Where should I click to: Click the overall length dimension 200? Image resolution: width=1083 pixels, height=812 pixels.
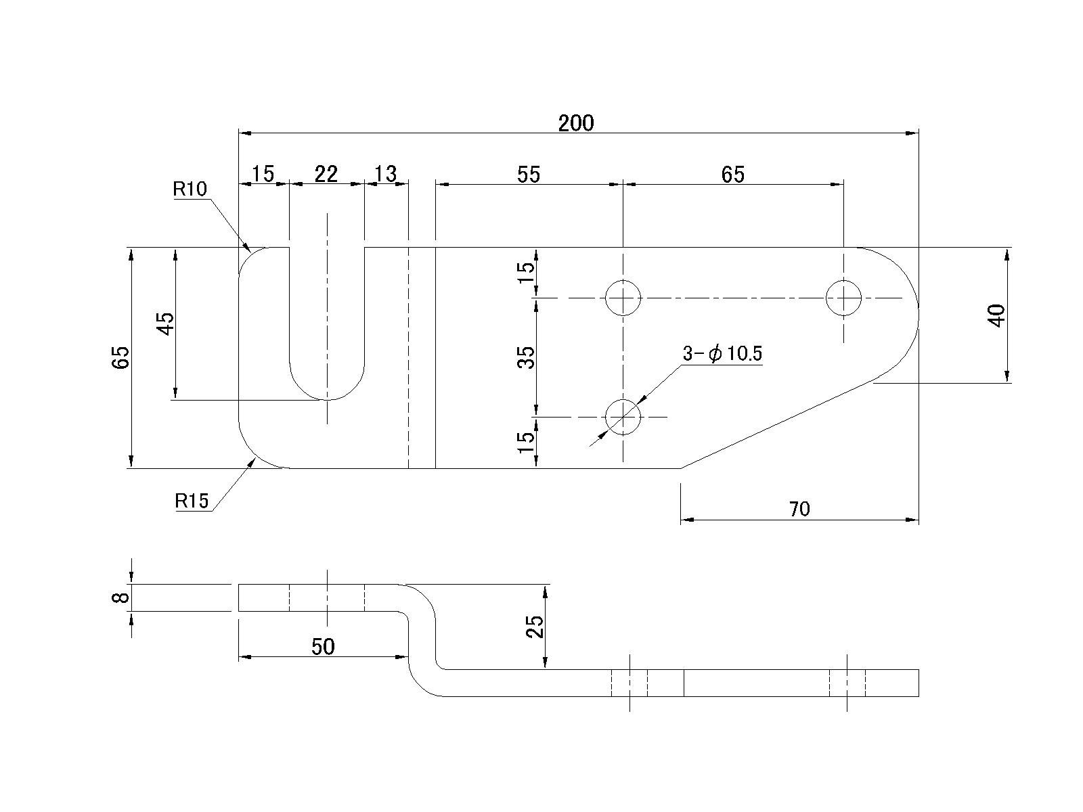pos(576,123)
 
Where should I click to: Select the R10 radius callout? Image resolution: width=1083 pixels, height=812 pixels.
pos(190,189)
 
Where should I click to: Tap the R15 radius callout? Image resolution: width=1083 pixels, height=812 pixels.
pos(192,501)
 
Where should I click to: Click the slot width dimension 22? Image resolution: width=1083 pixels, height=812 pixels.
pos(326,174)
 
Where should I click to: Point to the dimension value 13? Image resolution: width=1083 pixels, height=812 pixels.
pos(385,174)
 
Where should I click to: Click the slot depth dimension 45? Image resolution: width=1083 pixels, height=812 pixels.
pos(166,323)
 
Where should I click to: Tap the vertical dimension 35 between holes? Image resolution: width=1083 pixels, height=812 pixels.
pos(527,357)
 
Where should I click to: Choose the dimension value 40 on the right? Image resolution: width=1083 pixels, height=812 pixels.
pos(997,315)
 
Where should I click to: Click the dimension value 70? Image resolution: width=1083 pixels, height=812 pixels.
pos(799,509)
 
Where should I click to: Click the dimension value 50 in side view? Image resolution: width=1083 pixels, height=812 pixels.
pos(323,647)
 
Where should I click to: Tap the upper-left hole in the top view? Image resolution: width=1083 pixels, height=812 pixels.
pos(623,298)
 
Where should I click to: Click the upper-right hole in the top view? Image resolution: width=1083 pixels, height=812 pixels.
pos(843,298)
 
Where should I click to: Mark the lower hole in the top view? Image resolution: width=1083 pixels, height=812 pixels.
pos(623,417)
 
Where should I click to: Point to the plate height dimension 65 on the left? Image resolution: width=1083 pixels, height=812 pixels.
pos(121,357)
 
